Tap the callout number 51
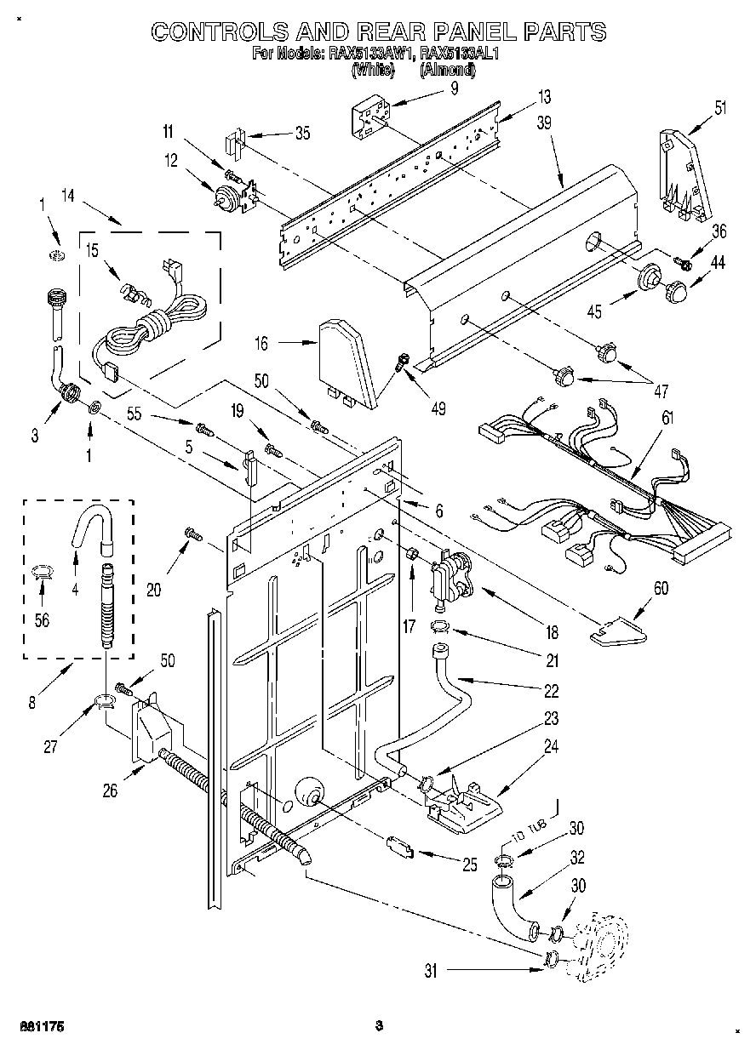pos(720,107)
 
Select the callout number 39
pos(544,123)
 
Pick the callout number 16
pos(261,344)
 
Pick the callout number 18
pos(552,632)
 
